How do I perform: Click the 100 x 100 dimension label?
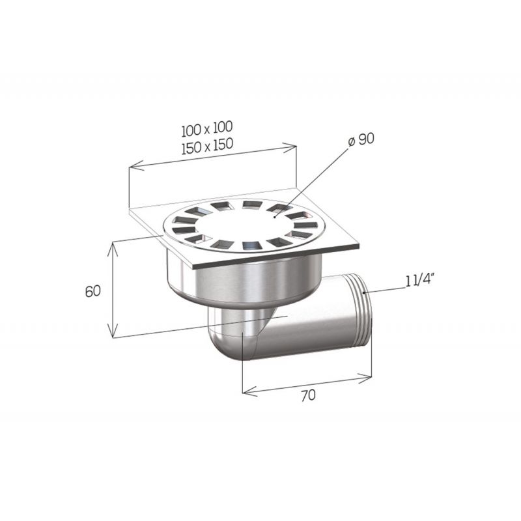(x=207, y=128)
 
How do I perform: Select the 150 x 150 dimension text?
(x=207, y=146)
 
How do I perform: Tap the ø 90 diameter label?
(x=361, y=139)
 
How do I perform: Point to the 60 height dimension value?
(x=92, y=291)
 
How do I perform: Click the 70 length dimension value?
(x=308, y=395)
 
